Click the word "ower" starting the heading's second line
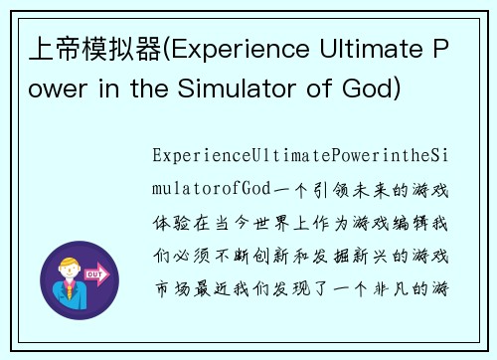(x=61, y=90)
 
